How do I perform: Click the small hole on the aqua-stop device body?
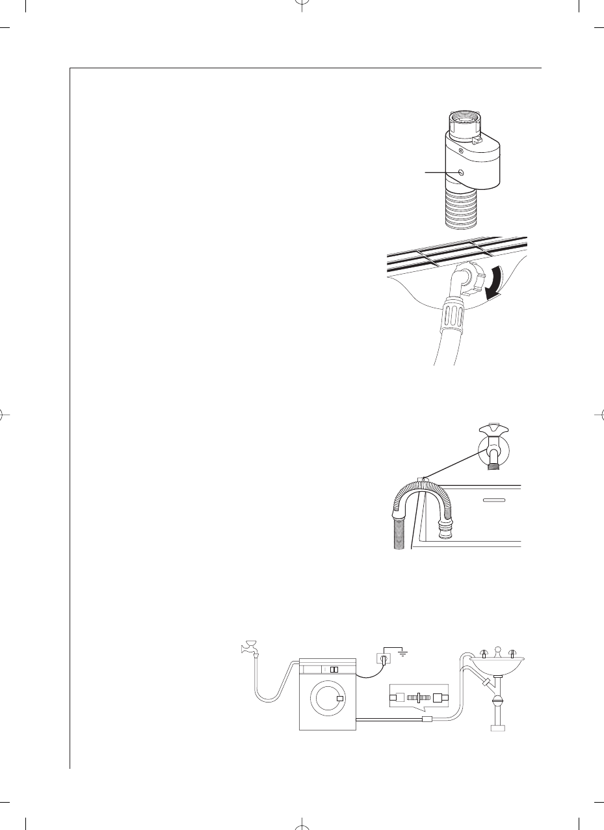tap(461, 172)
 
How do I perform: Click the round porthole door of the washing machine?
tap(327, 699)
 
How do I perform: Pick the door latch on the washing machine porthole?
tap(340, 699)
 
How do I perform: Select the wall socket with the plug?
tap(383, 660)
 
